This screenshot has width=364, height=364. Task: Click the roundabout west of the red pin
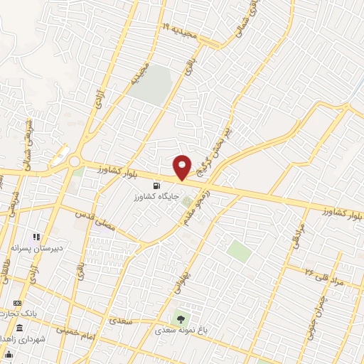pos(75,162)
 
